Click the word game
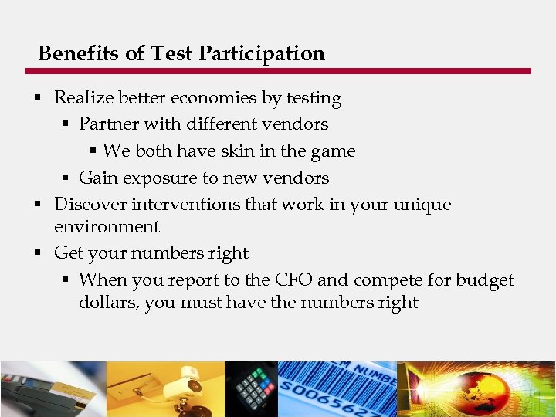tap(333, 152)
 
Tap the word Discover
tap(90, 205)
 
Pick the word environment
tap(107, 227)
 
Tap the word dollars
tap(108, 303)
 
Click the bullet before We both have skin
tap(93, 151)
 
